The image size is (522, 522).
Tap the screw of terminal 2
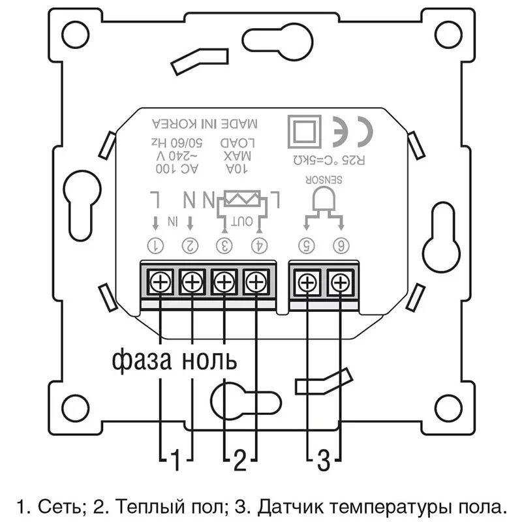tap(192, 283)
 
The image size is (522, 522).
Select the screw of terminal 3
tap(224, 283)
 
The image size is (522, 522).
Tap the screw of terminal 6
tap(339, 283)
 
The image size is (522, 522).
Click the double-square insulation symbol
tap(304, 130)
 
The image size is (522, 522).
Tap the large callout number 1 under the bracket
tap(175, 461)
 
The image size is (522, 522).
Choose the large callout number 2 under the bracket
tap(240, 461)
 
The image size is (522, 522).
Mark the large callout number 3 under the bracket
tap(324, 461)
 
